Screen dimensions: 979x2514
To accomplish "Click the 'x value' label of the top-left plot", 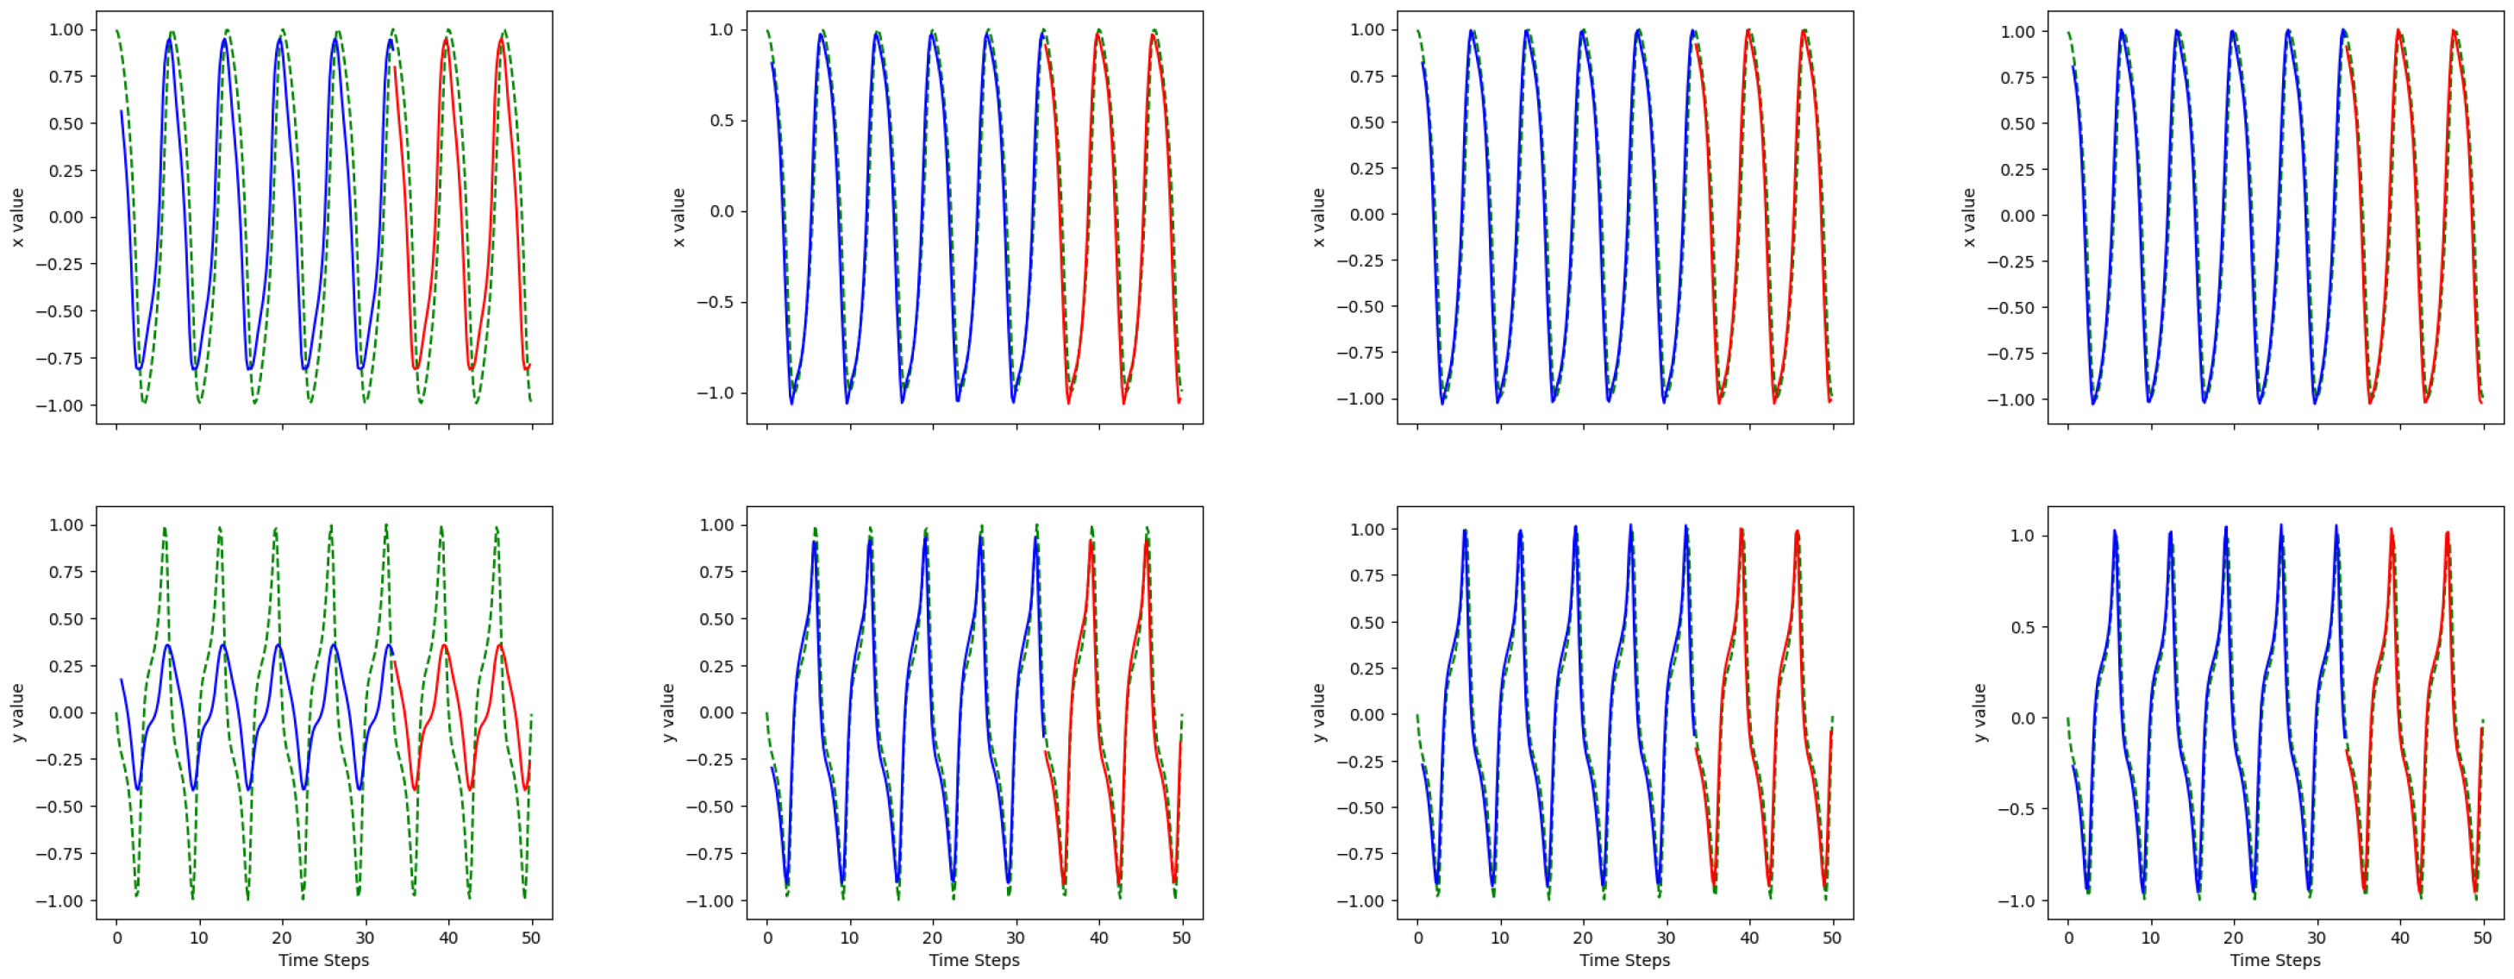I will click(x=17, y=217).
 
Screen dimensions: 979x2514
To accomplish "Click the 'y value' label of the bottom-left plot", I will click(x=17, y=712).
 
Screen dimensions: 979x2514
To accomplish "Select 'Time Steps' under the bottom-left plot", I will click(x=323, y=960).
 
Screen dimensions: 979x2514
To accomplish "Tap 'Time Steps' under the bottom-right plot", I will click(x=2275, y=960).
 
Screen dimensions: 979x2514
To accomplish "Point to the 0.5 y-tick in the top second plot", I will click(x=718, y=121).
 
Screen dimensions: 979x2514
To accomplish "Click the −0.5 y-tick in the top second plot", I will click(x=715, y=303).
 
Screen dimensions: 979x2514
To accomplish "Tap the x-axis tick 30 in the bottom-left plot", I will click(x=365, y=938).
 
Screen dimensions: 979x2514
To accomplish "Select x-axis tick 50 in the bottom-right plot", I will click(x=2482, y=938).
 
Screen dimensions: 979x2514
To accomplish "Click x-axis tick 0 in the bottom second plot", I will click(x=767, y=938).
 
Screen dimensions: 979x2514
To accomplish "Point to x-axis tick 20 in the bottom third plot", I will click(x=1583, y=938).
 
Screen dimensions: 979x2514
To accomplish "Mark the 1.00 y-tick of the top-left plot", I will click(x=66, y=30).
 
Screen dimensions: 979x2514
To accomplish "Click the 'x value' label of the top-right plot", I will click(x=1969, y=217).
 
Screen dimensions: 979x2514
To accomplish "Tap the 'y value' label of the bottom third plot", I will click(x=1318, y=712).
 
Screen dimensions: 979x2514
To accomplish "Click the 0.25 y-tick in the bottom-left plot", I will click(x=66, y=666).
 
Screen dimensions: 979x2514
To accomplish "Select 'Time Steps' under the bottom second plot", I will click(x=974, y=960).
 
